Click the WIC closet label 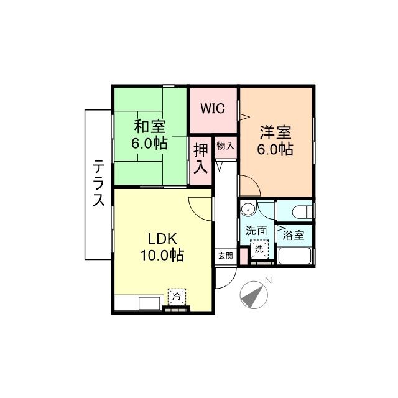click(213, 107)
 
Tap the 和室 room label click(149, 127)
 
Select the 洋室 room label click(275, 132)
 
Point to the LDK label click(163, 238)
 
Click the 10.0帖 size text click(164, 255)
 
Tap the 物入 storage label click(225, 146)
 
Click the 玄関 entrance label click(225, 255)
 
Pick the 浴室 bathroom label click(294, 235)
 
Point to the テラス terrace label click(98, 183)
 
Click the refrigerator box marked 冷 click(177, 296)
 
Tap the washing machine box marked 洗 click(259, 249)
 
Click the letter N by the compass click(268, 280)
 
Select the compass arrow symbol click(252, 295)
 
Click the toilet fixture click(299, 211)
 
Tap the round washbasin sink click(248, 209)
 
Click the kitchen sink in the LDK click(150, 303)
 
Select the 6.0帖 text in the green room click(149, 144)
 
